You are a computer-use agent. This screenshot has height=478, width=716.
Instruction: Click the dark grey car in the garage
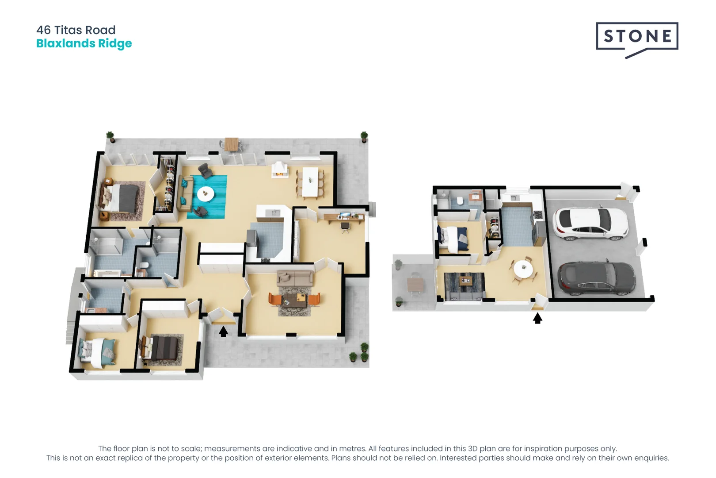597,278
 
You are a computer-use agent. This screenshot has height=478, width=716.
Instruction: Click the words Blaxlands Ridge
84,43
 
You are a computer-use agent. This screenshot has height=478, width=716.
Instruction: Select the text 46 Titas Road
76,30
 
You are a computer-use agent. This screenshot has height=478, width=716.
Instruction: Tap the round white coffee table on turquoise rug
206,193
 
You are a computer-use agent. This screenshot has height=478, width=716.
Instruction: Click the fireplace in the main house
279,170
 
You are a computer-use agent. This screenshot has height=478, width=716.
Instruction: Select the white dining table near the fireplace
310,181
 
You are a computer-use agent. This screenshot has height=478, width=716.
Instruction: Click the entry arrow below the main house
224,331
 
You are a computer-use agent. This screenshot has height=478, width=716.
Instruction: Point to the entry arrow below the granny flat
537,318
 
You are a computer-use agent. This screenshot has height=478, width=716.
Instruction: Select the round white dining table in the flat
523,269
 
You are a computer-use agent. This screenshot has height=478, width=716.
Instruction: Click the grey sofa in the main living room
295,278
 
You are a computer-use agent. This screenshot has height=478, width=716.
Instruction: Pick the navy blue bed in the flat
454,239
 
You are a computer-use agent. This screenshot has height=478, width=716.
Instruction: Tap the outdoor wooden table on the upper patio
231,143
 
